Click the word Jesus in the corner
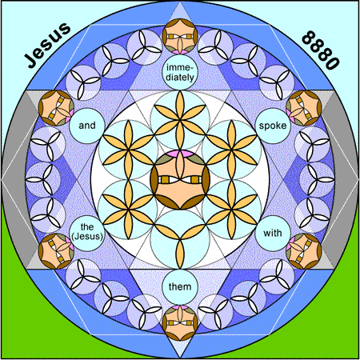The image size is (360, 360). point(47,45)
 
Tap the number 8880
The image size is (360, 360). point(321,50)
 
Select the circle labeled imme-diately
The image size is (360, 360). point(180,72)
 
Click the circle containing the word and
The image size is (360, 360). point(87,126)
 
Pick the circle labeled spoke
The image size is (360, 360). point(273,126)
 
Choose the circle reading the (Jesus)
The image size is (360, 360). point(87,234)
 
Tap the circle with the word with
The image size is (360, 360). point(273,234)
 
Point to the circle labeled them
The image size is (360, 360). point(180,287)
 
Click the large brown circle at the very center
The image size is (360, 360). point(180,180)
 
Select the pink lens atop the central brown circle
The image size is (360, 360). point(180,153)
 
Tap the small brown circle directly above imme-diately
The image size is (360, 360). point(180,36)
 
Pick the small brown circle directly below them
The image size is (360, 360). point(180,323)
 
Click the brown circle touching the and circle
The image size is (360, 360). point(56,108)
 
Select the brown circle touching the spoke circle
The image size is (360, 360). point(304,108)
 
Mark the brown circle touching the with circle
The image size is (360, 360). point(304,251)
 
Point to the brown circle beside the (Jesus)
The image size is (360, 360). point(56,251)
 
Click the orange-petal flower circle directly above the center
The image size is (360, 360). point(180,120)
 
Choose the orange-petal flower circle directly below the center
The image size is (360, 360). point(180,239)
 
